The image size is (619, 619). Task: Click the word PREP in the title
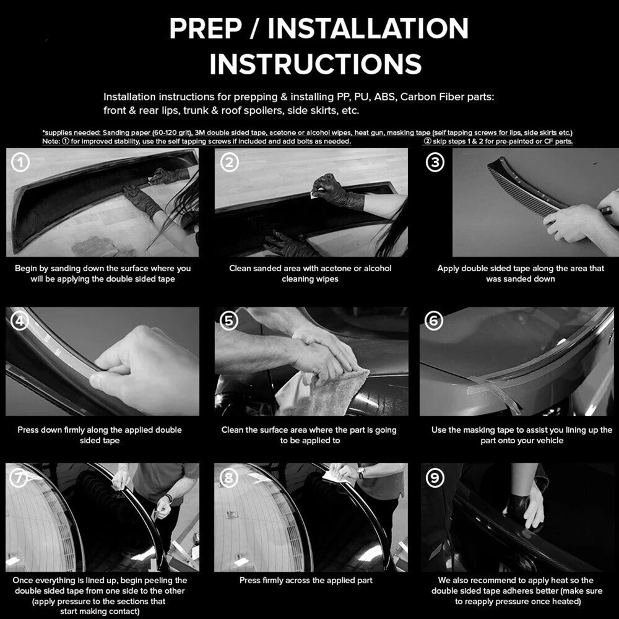tap(206, 28)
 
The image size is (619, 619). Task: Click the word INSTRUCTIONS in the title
tap(316, 64)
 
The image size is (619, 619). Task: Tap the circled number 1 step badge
tap(20, 162)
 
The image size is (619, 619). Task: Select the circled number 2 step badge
tap(230, 162)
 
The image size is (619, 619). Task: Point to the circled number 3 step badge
tap(435, 162)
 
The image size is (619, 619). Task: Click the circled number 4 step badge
tap(19, 321)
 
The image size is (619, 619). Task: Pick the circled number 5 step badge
tap(228, 321)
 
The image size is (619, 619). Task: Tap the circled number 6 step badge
tap(434, 321)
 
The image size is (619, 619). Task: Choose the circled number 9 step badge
tap(435, 478)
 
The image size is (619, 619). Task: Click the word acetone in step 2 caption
tap(335, 269)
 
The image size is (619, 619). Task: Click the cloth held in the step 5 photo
tap(324, 393)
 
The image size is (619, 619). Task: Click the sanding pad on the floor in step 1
tap(95, 246)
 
